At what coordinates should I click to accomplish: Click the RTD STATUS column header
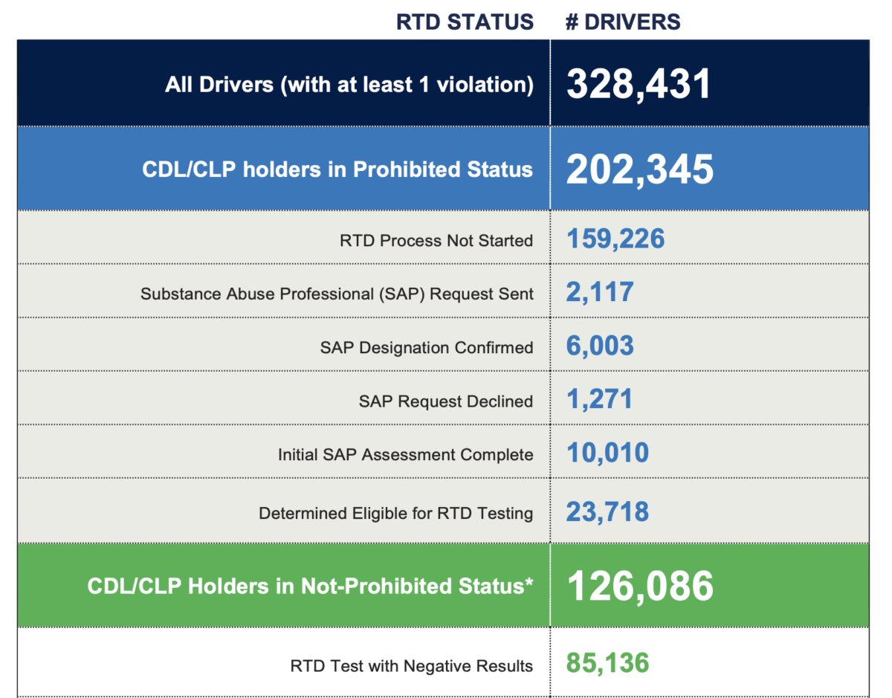point(465,22)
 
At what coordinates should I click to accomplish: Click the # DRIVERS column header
point(623,22)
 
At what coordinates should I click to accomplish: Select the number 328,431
point(639,84)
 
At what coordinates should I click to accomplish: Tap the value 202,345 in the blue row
point(639,170)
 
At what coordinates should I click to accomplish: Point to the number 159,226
point(615,239)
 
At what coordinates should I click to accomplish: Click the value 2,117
point(600,292)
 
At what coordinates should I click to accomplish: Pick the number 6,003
point(600,346)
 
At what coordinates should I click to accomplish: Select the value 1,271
point(599,399)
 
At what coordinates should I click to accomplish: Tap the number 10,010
point(607,453)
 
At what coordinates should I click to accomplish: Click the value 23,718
point(607,512)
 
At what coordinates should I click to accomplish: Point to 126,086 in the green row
point(640,586)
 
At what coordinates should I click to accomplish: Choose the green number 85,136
point(607,663)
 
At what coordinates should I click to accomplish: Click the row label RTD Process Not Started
point(436,240)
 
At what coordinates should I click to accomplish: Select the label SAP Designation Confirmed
point(427,348)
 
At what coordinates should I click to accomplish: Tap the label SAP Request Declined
point(446,401)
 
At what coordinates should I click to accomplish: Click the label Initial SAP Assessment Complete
point(406,455)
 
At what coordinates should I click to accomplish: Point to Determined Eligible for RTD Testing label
point(395,514)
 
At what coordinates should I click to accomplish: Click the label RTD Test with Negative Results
point(411,666)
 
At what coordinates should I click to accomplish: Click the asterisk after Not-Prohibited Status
point(529,581)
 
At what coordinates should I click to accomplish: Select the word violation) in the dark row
point(485,85)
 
